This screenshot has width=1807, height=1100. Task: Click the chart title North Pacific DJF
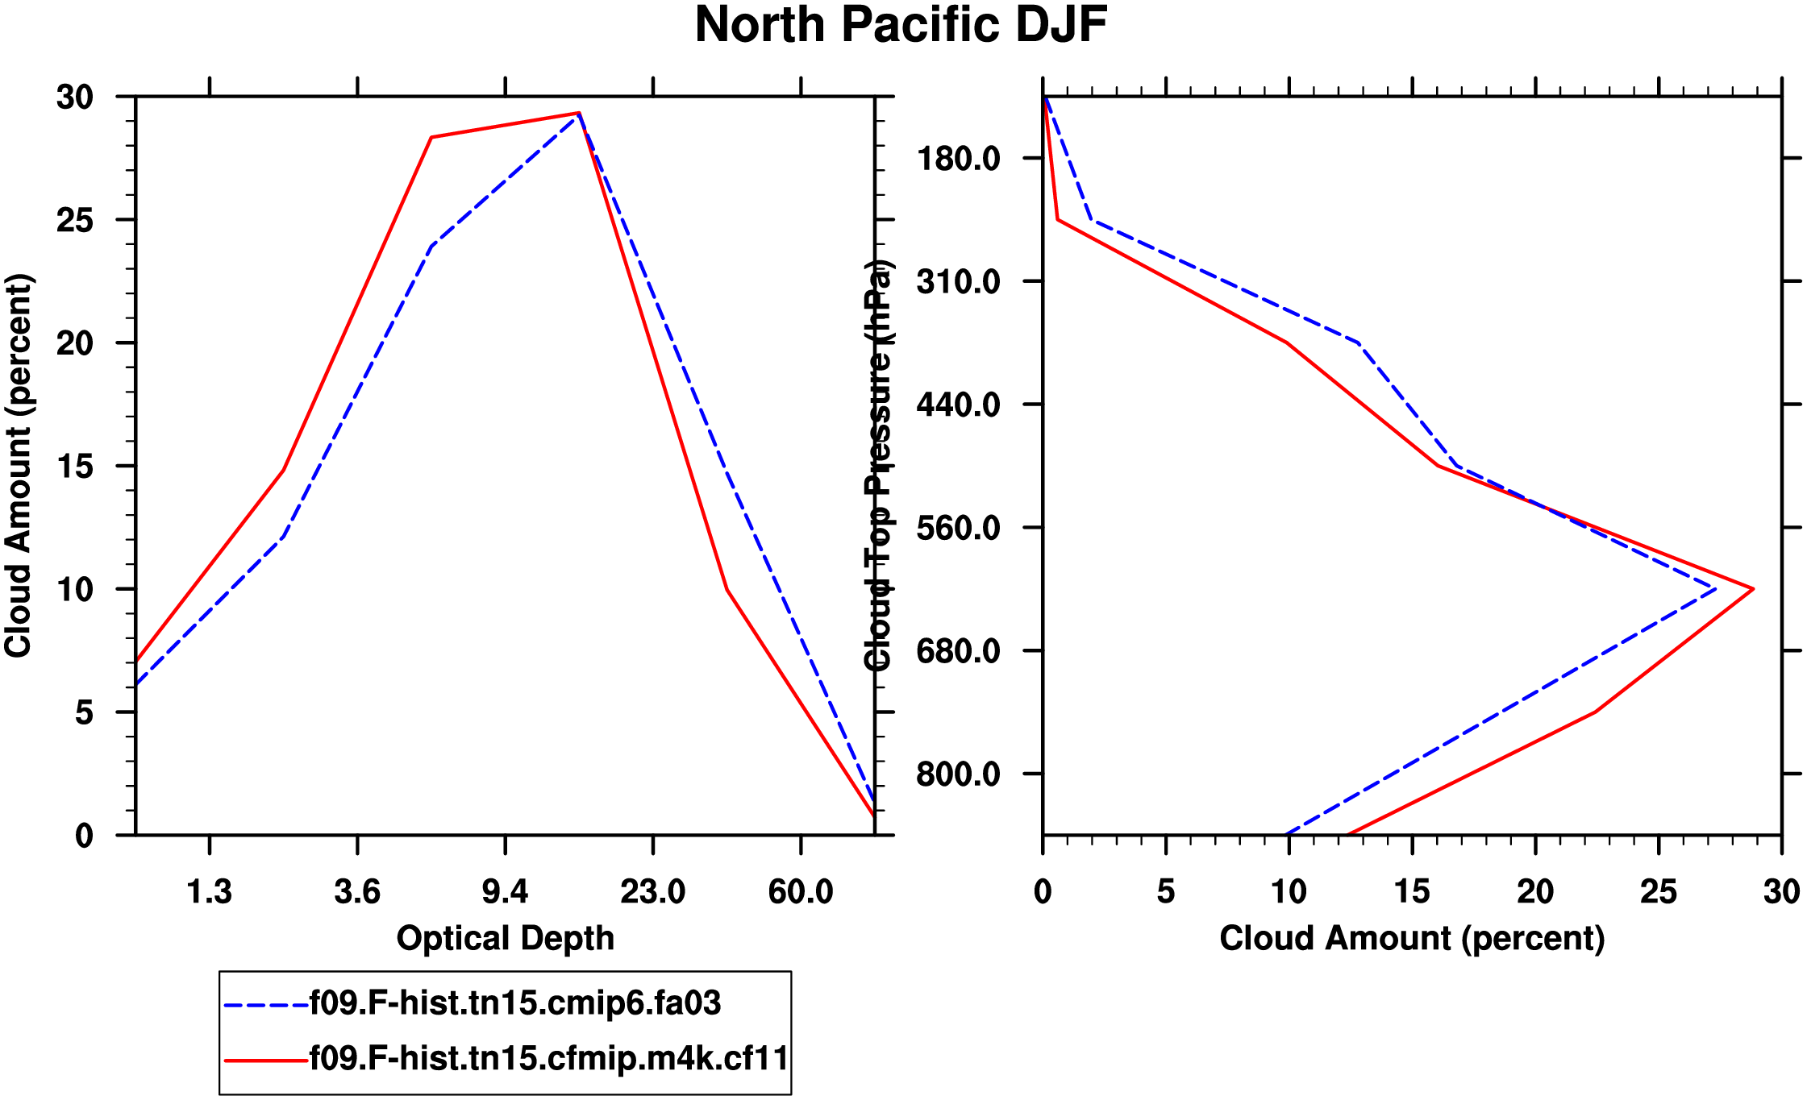[901, 25]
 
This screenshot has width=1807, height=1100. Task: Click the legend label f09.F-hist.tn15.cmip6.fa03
[515, 1003]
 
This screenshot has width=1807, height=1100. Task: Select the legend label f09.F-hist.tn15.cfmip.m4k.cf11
[549, 1058]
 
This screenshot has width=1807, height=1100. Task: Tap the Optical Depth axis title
[506, 938]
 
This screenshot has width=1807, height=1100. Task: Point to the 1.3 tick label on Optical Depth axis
[210, 892]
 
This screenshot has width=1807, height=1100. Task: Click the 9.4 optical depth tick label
[505, 892]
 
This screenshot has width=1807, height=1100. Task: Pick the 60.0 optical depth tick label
[800, 892]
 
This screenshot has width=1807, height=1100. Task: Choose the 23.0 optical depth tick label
[652, 892]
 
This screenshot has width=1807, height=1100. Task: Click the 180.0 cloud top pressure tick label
[958, 159]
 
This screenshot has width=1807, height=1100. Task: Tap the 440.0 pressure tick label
[958, 405]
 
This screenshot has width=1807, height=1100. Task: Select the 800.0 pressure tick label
[958, 774]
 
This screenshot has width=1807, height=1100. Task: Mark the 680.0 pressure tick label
[958, 651]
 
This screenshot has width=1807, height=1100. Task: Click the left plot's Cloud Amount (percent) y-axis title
[19, 466]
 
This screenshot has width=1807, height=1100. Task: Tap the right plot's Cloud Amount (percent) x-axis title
[1412, 938]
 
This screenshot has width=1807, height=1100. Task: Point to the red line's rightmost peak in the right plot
[1753, 589]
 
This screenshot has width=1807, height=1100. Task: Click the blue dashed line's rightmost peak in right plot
[1715, 589]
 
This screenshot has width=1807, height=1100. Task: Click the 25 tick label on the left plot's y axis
[75, 220]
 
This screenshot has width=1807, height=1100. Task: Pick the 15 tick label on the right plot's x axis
[1412, 892]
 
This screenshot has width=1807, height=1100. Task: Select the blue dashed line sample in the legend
[266, 1005]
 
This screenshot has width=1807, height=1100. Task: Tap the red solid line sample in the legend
[266, 1060]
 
